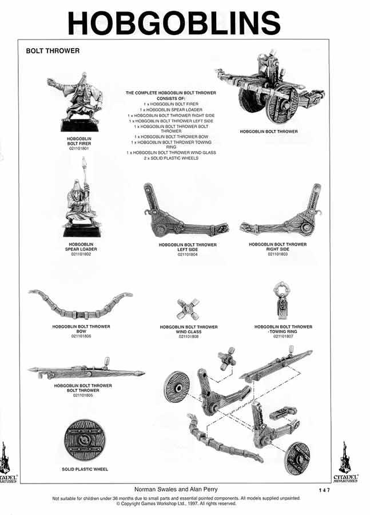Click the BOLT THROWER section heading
[x=53, y=51]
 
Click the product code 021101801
[x=79, y=148]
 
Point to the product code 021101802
[x=81, y=253]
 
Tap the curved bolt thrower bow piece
[x=81, y=305]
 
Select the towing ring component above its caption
[x=283, y=300]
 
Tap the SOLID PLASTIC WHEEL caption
[x=85, y=469]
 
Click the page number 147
[x=324, y=490]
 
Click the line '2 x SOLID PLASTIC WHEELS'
[x=171, y=158]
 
